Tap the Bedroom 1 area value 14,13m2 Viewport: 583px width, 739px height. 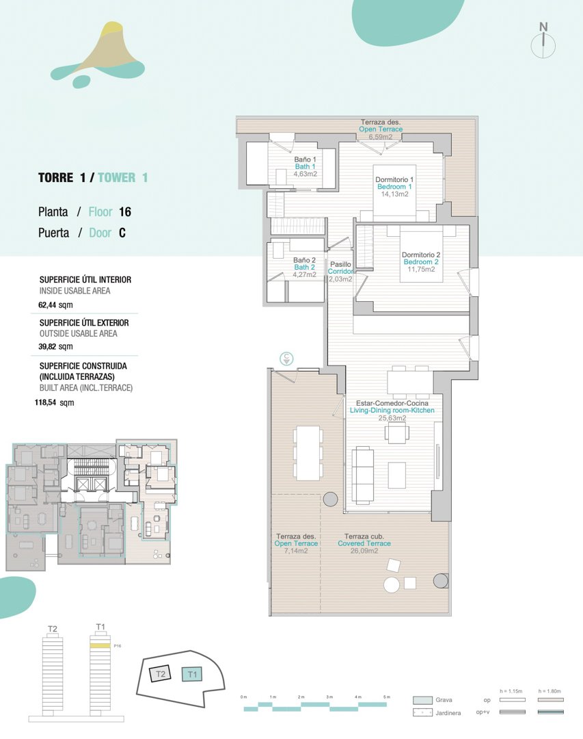coord(394,194)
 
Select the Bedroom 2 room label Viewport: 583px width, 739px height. coord(420,262)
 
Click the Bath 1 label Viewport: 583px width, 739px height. coord(305,166)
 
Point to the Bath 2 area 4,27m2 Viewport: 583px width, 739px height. coord(305,275)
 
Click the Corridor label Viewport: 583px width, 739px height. coord(340,272)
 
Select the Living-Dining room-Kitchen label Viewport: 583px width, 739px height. coord(392,411)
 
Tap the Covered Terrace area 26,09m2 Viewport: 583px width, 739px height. coord(364,551)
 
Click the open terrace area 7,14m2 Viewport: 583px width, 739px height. coord(296,551)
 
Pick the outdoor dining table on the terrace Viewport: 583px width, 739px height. coord(308,453)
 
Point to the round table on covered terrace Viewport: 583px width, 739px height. coord(392,585)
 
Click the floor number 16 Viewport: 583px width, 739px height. coord(124,212)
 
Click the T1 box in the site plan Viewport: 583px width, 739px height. coord(193,674)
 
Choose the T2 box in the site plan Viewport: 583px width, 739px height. coord(161,674)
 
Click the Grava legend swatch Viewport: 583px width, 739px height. coord(422,700)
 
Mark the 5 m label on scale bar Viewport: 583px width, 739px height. coord(387,697)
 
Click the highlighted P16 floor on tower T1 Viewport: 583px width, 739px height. coord(100,645)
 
